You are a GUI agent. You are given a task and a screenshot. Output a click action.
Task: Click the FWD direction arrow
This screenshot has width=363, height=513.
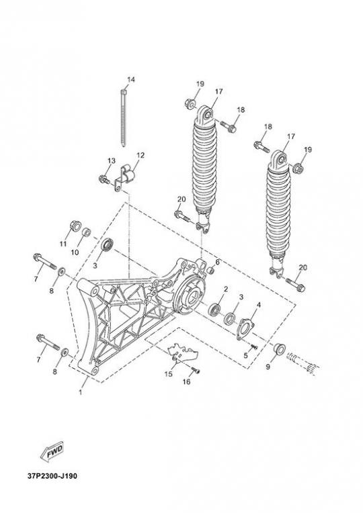pyautogui.click(x=52, y=452)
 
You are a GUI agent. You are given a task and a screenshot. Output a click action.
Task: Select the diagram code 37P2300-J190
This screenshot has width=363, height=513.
pyautogui.click(x=52, y=475)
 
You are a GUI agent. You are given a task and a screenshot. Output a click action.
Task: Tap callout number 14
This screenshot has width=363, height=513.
pyautogui.click(x=131, y=80)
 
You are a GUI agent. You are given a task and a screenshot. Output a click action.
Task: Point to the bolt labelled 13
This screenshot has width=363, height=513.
pyautogui.click(x=104, y=179)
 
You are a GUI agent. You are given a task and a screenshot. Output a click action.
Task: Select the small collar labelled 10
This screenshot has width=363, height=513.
pyautogui.click(x=86, y=233)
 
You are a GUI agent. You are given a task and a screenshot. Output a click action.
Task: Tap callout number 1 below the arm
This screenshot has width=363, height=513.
pyautogui.click(x=81, y=391)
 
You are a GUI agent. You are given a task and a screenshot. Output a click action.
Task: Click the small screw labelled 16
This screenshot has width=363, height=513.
pyautogui.click(x=196, y=371)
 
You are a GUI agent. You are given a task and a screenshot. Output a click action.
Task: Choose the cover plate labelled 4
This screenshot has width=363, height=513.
pyautogui.click(x=245, y=329)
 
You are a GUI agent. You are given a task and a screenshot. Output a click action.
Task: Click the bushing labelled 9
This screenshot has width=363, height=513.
pyautogui.click(x=279, y=348)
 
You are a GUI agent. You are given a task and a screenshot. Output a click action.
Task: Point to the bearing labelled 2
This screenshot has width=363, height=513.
pyautogui.click(x=214, y=309)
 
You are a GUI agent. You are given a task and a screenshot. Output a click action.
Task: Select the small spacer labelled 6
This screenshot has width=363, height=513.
pyautogui.click(x=211, y=271)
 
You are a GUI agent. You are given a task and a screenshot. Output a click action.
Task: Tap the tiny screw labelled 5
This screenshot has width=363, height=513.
pyautogui.click(x=253, y=346)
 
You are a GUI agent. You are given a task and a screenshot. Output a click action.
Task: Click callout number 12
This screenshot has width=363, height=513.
pyautogui.click(x=140, y=154)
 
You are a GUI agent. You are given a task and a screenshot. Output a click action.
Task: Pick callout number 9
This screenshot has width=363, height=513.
pyautogui.click(x=268, y=367)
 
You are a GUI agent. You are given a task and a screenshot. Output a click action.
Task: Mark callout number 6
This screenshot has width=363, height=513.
pyautogui.click(x=217, y=262)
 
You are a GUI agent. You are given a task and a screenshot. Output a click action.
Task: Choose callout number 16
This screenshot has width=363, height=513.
pyautogui.click(x=186, y=382)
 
